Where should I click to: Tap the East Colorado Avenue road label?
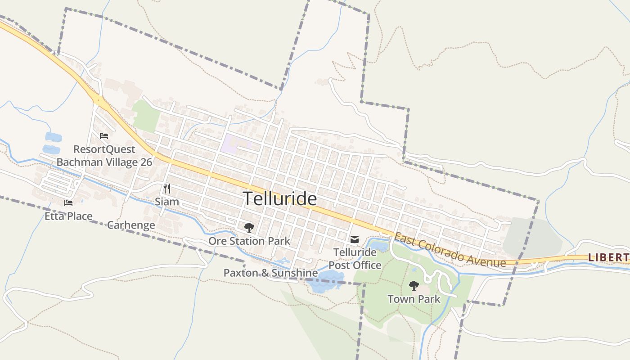pyautogui.click(x=450, y=250)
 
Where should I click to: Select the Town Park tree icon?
pyautogui.click(x=414, y=285)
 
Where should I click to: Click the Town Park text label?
pyautogui.click(x=414, y=299)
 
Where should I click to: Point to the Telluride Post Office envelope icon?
pyautogui.click(x=355, y=239)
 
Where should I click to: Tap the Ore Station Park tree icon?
pyautogui.click(x=249, y=227)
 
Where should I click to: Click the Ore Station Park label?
pyautogui.click(x=249, y=241)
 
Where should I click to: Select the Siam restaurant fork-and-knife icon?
pyautogui.click(x=167, y=188)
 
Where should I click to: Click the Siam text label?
pyautogui.click(x=167, y=202)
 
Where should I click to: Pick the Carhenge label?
pyautogui.click(x=131, y=225)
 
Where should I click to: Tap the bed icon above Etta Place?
pyautogui.click(x=68, y=203)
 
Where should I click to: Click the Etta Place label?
pyautogui.click(x=68, y=216)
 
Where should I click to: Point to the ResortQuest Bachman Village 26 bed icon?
pyautogui.click(x=104, y=135)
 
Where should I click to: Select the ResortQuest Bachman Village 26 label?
pyautogui.click(x=104, y=156)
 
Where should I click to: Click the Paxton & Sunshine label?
pyautogui.click(x=270, y=273)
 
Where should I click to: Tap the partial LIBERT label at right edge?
pyautogui.click(x=609, y=257)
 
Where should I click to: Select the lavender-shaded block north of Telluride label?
pyautogui.click(x=234, y=143)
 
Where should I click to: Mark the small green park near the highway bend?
pyautogui.click(x=146, y=116)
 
